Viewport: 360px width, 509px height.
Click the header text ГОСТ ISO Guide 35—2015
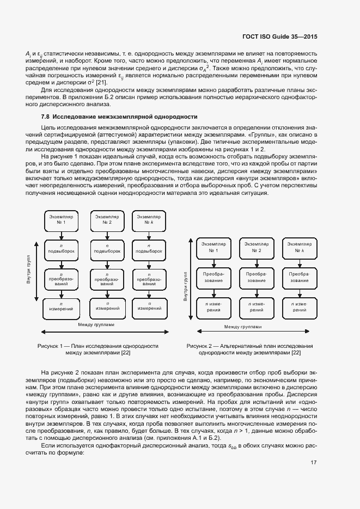coord(278,36)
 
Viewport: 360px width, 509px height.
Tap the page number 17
coord(314,463)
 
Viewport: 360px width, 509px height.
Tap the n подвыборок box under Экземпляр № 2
coord(103,249)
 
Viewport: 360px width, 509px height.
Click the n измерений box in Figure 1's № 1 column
coord(58,306)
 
